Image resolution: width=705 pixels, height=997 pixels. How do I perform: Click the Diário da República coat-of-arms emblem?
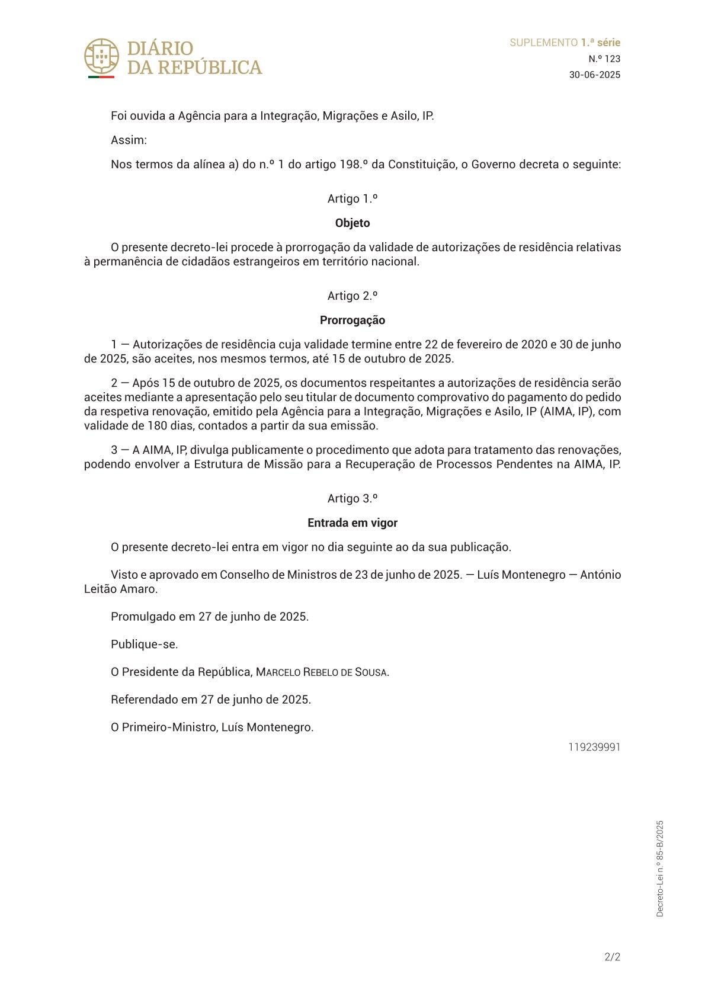101,57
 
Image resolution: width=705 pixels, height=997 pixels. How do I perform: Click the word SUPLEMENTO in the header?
543,43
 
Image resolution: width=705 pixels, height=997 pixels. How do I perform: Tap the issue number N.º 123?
604,59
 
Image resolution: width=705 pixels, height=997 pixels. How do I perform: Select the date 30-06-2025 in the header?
595,75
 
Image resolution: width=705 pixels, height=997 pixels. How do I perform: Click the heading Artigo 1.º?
352,199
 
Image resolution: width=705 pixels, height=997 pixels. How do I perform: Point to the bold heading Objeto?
352,223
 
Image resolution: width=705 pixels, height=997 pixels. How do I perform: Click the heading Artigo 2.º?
352,296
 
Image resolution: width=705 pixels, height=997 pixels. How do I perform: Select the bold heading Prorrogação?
352,320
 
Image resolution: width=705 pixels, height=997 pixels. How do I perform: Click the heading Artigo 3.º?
352,499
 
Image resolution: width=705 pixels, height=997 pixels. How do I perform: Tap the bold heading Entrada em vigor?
352,523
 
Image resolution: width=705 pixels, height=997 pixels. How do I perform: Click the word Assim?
128,140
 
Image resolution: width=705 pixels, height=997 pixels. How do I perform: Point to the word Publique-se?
144,645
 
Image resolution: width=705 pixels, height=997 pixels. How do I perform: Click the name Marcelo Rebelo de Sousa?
322,672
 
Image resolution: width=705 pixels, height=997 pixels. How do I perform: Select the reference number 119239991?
594,747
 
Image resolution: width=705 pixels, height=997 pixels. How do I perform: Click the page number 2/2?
612,957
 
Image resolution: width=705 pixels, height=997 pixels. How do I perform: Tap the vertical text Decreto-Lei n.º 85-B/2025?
660,868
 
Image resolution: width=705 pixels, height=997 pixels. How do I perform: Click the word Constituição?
421,165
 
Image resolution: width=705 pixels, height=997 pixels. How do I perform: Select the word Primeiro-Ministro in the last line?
168,727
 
